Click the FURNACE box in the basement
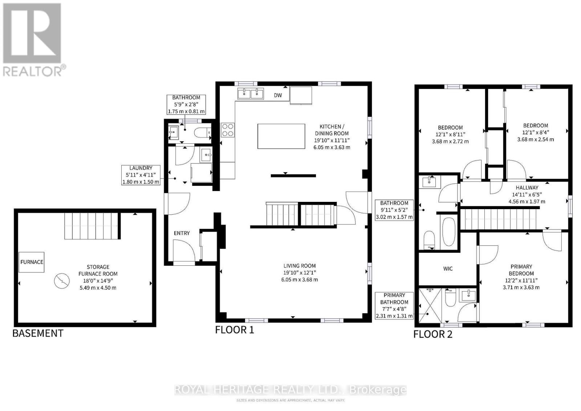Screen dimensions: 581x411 point(32,262)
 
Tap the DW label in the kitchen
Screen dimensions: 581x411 point(278,95)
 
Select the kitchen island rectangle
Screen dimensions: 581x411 point(281,136)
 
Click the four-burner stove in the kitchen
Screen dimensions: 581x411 point(228,130)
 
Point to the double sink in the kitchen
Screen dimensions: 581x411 point(251,94)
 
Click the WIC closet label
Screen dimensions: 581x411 point(448,269)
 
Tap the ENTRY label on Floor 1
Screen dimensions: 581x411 point(182,233)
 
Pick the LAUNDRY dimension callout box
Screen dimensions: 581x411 point(141,175)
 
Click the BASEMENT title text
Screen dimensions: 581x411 point(38,333)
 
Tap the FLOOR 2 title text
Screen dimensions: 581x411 point(433,334)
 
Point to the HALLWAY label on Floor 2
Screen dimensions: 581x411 point(527,188)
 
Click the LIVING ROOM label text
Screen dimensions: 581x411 point(300,266)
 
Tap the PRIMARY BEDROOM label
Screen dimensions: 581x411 point(521,270)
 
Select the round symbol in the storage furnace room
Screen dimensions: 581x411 point(61,280)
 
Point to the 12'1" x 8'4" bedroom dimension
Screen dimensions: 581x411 point(535,133)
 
